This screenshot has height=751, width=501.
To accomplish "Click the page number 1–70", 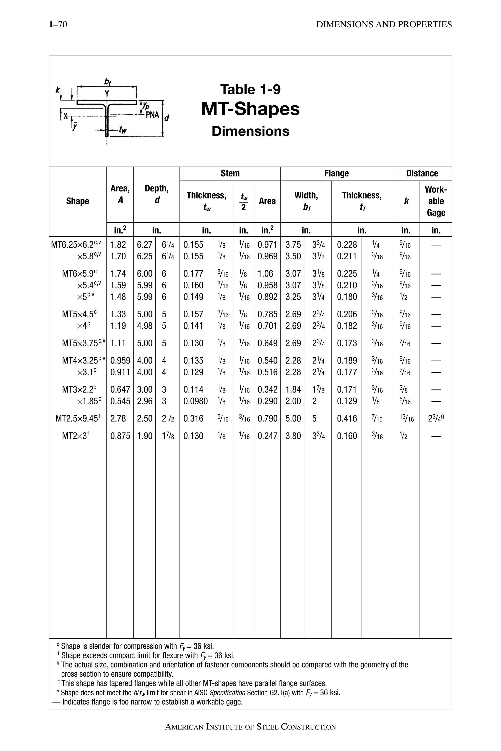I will click(x=58, y=25).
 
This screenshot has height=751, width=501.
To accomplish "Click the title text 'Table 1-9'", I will click(x=250, y=89).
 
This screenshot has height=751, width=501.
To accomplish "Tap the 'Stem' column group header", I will click(x=230, y=173).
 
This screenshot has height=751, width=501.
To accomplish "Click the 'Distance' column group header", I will click(x=422, y=173).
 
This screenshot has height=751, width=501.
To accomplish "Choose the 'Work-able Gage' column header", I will click(x=436, y=201).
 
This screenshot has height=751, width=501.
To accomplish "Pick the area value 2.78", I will click(x=118, y=418).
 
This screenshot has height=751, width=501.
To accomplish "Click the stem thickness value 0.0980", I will click(x=195, y=401).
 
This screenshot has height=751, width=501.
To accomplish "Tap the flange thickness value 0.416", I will click(x=347, y=418).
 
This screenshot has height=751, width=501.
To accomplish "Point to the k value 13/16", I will click(x=406, y=419).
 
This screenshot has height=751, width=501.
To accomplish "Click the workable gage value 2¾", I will click(x=435, y=418).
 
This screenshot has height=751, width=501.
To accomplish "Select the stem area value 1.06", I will click(x=265, y=274).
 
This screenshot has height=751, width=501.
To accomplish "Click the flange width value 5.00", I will click(x=293, y=418).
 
